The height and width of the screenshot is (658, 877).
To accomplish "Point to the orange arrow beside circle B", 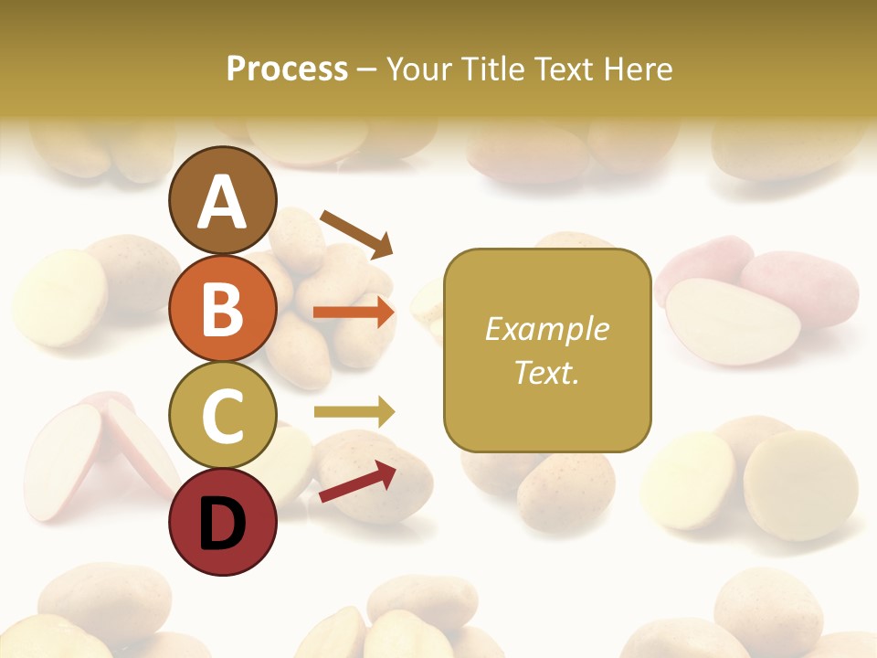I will pos(354,313).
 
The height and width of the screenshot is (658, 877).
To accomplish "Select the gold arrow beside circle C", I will pos(354,412).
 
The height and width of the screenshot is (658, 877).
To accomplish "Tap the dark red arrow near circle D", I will pos(357,481).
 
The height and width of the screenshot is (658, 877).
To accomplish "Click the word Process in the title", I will pos(287,69).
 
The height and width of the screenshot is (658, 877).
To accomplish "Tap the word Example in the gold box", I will pos(546,329).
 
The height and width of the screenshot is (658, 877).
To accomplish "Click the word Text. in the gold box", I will pos(546,372).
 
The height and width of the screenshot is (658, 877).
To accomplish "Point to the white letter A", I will pos(222,201).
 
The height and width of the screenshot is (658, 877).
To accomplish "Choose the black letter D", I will pos(222,523).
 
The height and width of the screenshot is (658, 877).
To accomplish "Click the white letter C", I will pos(222,416).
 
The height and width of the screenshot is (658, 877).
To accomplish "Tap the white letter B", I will pos(222,308).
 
